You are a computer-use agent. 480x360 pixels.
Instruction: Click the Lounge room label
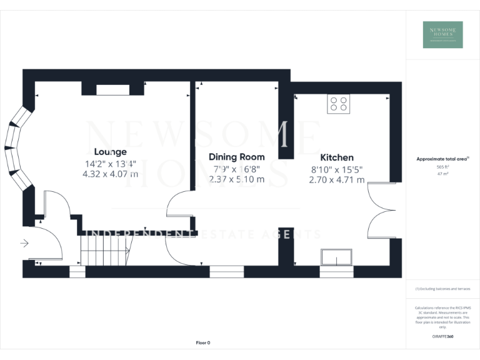click(110, 152)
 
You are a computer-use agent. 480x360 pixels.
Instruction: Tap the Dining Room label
click(236, 157)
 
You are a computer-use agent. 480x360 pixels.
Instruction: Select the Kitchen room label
click(337, 157)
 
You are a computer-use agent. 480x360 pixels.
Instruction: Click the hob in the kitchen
click(338, 104)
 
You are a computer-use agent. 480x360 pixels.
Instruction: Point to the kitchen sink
click(336, 257)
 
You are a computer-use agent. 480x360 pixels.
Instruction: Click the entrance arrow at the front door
click(25, 243)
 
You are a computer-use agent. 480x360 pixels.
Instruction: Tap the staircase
click(105, 249)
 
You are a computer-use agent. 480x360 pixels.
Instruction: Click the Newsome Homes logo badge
click(442, 34)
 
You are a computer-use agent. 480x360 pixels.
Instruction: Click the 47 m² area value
click(443, 174)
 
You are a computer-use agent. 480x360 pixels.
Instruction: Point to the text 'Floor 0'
click(203, 342)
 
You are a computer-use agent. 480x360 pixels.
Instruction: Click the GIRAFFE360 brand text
click(443, 337)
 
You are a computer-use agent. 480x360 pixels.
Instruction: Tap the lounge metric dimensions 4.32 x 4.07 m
click(110, 175)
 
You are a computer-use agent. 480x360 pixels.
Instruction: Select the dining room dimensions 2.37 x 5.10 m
click(236, 179)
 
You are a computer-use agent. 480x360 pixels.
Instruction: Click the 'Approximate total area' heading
click(442, 159)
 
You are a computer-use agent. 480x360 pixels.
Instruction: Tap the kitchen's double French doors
click(381, 211)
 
